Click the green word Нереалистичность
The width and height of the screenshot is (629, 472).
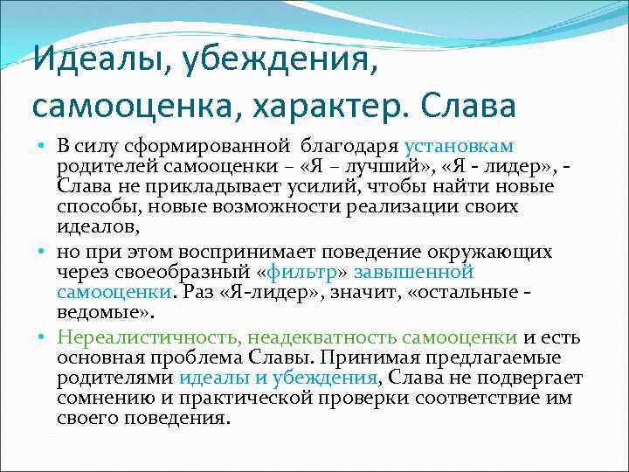(148, 337)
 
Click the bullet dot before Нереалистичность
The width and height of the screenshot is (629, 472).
(42, 337)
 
